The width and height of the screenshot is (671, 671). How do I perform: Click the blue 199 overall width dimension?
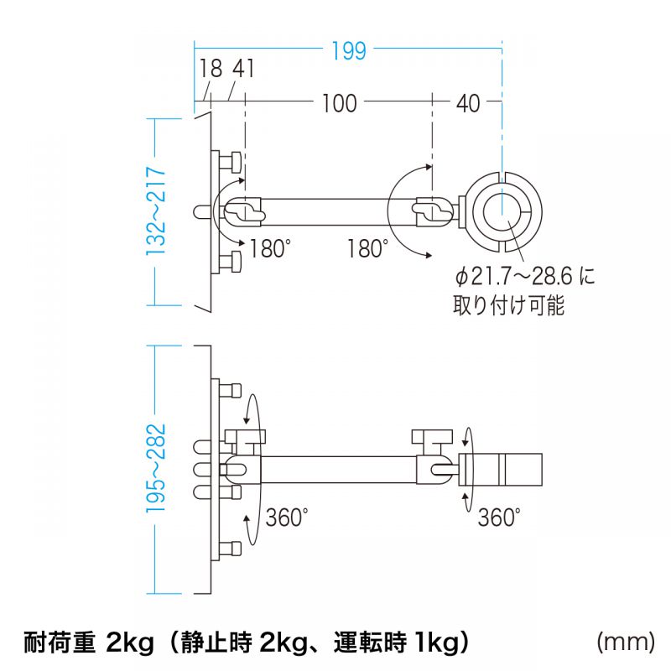pyautogui.click(x=348, y=50)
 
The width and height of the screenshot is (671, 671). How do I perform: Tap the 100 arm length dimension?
pyautogui.click(x=339, y=103)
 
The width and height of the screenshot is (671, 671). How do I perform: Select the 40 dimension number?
pyautogui.click(x=468, y=103)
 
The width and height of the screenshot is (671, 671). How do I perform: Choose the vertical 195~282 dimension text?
pyautogui.click(x=156, y=468)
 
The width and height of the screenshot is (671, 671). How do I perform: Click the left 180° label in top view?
pyautogui.click(x=270, y=249)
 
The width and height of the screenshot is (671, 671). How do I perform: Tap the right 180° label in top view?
pyautogui.click(x=368, y=249)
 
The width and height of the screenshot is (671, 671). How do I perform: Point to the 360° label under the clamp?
pyautogui.click(x=499, y=518)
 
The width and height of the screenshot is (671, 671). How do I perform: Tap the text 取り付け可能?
pyautogui.click(x=508, y=305)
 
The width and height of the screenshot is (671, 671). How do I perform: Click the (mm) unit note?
pyautogui.click(x=625, y=643)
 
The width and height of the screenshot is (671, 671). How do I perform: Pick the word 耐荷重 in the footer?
pyautogui.click(x=55, y=643)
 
